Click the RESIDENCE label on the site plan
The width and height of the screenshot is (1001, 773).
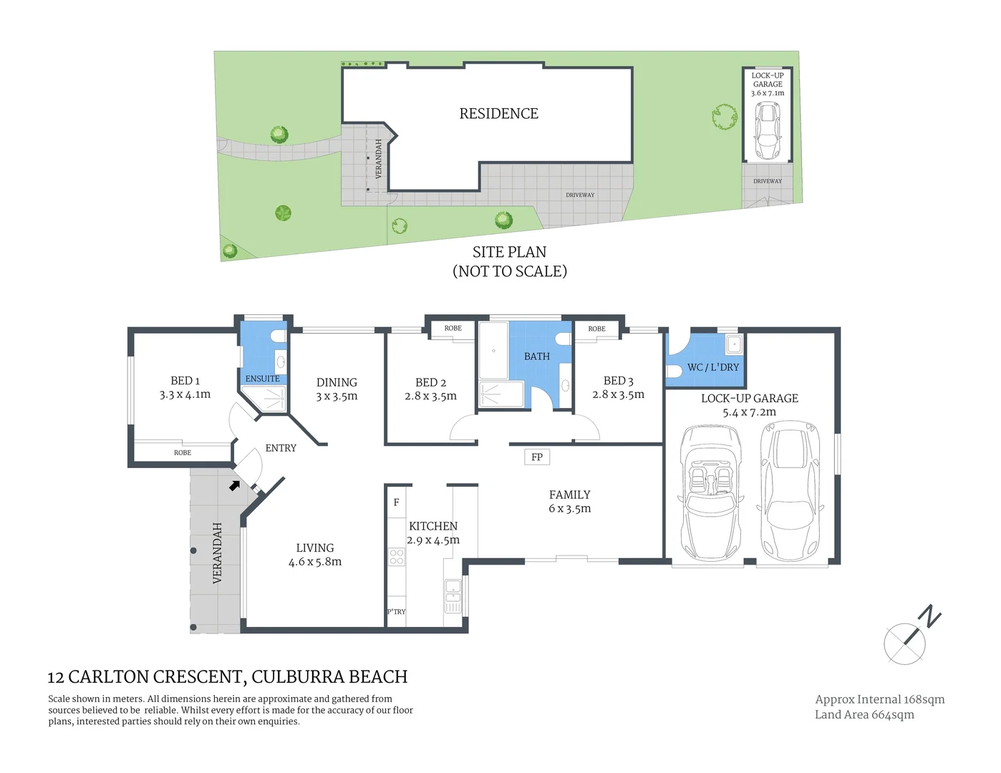pos(498,114)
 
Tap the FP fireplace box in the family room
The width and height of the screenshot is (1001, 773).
pos(536,457)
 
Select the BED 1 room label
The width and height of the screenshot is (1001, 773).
pos(185,381)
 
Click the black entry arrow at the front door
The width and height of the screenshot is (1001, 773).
pos(235,485)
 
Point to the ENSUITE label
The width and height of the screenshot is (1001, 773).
pos(262,379)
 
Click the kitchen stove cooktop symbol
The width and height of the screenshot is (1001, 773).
pos(396,557)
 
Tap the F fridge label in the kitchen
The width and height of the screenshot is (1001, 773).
pos(396,502)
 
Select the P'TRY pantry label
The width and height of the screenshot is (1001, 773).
pos(396,612)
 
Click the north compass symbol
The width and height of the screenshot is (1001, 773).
pos(909,638)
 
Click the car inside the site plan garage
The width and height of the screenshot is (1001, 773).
pos(768,132)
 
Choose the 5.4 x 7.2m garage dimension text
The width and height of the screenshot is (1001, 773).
pos(749,412)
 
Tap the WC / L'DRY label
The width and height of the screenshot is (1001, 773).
pos(712,367)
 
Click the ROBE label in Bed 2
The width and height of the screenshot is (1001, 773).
pos(453,329)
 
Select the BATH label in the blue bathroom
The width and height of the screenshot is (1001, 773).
pos(536,356)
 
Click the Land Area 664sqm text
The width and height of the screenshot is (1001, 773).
pos(864,714)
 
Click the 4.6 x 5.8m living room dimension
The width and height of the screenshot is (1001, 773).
pos(315,562)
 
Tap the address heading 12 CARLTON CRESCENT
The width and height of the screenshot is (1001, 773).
pos(227,677)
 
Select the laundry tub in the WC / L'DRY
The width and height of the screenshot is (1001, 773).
pos(733,345)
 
